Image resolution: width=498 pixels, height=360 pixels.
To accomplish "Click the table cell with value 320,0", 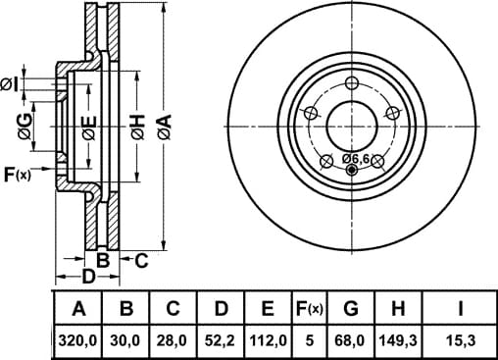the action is (x=77, y=341).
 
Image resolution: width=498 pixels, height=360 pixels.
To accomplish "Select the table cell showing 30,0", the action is (x=125, y=341).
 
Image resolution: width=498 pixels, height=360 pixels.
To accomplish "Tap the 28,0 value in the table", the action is (x=173, y=341).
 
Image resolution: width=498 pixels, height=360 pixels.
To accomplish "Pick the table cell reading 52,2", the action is (x=220, y=341).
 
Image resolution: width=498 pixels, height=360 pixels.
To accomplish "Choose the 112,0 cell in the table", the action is (x=268, y=341).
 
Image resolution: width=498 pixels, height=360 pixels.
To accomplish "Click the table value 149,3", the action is (x=398, y=341).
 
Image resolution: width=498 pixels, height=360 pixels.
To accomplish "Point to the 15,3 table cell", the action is (x=461, y=341).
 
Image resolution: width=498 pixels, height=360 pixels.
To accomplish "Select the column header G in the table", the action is (x=351, y=308).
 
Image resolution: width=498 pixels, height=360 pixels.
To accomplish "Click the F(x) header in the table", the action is (x=309, y=308).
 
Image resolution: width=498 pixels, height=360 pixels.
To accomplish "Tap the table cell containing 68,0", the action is (x=351, y=341).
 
